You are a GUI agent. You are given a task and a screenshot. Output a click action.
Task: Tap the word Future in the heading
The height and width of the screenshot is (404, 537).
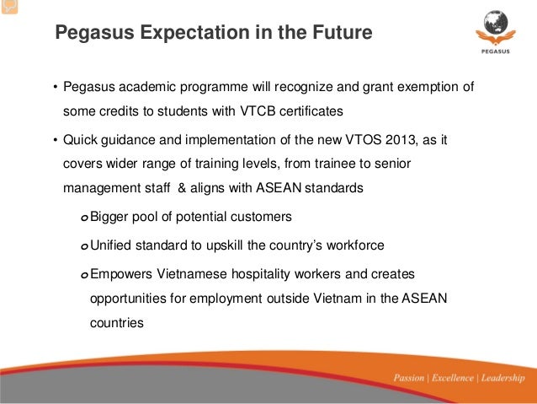[338, 35]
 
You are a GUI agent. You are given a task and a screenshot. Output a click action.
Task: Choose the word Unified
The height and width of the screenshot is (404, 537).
[114, 245]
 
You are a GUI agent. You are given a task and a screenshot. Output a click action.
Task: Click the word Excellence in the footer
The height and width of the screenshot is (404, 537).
[454, 377]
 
